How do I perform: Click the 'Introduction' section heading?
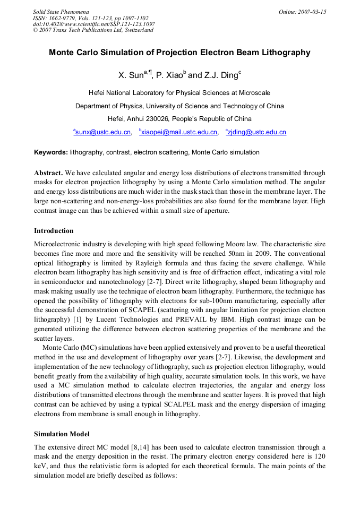(x=54, y=231)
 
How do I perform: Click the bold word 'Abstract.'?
(x=49, y=173)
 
